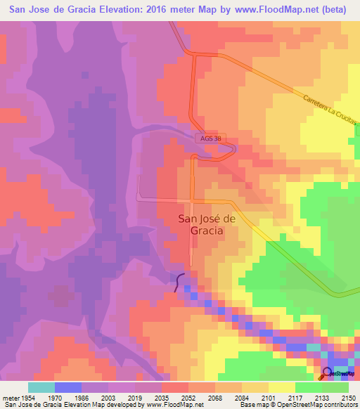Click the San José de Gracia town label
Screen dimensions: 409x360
[201, 224]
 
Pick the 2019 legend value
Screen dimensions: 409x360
[135, 397]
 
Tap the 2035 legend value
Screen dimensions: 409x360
[164, 397]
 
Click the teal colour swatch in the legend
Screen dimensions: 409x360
[41, 387]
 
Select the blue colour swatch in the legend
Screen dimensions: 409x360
[68, 387]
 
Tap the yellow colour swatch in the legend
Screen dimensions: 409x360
[281, 387]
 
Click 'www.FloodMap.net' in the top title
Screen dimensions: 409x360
[266, 8]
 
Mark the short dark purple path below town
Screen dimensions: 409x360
[180, 280]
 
